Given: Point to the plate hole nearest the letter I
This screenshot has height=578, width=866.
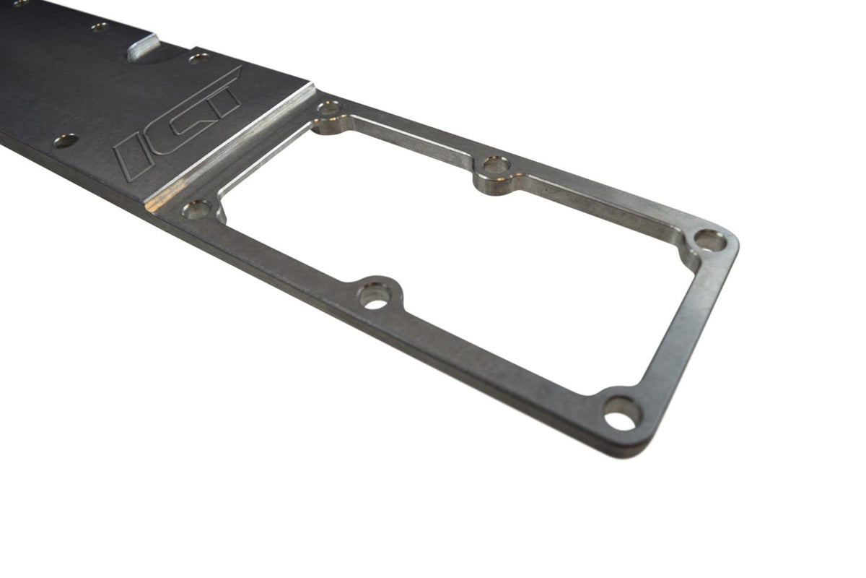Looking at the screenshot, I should click(x=66, y=140).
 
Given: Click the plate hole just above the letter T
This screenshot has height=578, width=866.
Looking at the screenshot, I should click(x=199, y=58).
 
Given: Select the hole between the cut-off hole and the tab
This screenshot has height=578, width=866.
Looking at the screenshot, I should click(x=100, y=27).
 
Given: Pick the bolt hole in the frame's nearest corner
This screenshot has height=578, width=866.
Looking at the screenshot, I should click(x=621, y=413).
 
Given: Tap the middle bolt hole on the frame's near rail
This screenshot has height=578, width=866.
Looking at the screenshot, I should click(x=375, y=295).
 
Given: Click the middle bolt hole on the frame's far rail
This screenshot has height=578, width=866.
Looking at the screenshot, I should click(x=496, y=165).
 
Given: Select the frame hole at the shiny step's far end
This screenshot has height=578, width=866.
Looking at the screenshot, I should click(x=330, y=108).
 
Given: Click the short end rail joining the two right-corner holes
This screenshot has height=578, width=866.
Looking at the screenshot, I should click(x=671, y=325).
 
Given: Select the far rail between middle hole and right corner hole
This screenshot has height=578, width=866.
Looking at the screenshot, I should click(x=606, y=204).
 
